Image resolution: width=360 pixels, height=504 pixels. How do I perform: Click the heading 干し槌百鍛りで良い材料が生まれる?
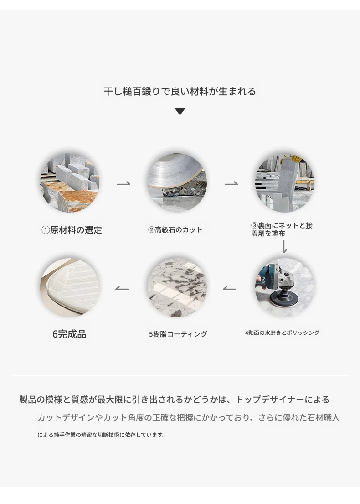[x=180, y=92]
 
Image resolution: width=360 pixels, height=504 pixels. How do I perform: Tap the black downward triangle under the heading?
[x=180, y=111]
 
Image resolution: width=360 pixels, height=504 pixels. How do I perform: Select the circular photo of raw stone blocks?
[x=70, y=182]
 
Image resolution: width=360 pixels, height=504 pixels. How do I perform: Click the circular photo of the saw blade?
[x=177, y=182]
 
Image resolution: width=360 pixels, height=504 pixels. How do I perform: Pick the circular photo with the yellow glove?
[x=284, y=182]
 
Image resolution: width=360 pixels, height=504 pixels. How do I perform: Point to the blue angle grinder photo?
[x=284, y=287]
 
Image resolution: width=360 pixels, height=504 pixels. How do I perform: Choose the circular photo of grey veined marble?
[x=177, y=287]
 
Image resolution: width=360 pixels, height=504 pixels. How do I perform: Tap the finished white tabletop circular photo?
[x=70, y=287]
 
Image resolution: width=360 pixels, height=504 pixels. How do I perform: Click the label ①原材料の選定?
[x=72, y=230]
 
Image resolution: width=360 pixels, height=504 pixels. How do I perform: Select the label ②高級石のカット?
[x=175, y=230]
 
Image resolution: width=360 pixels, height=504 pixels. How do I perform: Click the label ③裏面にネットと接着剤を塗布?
[x=282, y=229]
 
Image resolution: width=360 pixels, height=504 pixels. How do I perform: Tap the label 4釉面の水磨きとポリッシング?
[x=282, y=333]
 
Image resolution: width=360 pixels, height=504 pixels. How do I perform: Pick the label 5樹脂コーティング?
[x=178, y=334]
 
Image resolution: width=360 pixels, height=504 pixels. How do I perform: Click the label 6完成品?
[x=69, y=334]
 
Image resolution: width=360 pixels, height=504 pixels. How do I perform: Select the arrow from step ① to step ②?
[x=123, y=183]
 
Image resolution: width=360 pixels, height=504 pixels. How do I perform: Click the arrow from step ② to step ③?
[x=231, y=183]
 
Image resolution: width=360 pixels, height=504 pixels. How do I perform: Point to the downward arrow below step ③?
[x=284, y=246]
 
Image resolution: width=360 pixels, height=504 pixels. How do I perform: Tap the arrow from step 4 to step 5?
[x=229, y=289]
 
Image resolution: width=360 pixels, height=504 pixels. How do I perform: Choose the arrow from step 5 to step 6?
[x=122, y=289]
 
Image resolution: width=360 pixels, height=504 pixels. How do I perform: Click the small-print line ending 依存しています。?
[x=102, y=435]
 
